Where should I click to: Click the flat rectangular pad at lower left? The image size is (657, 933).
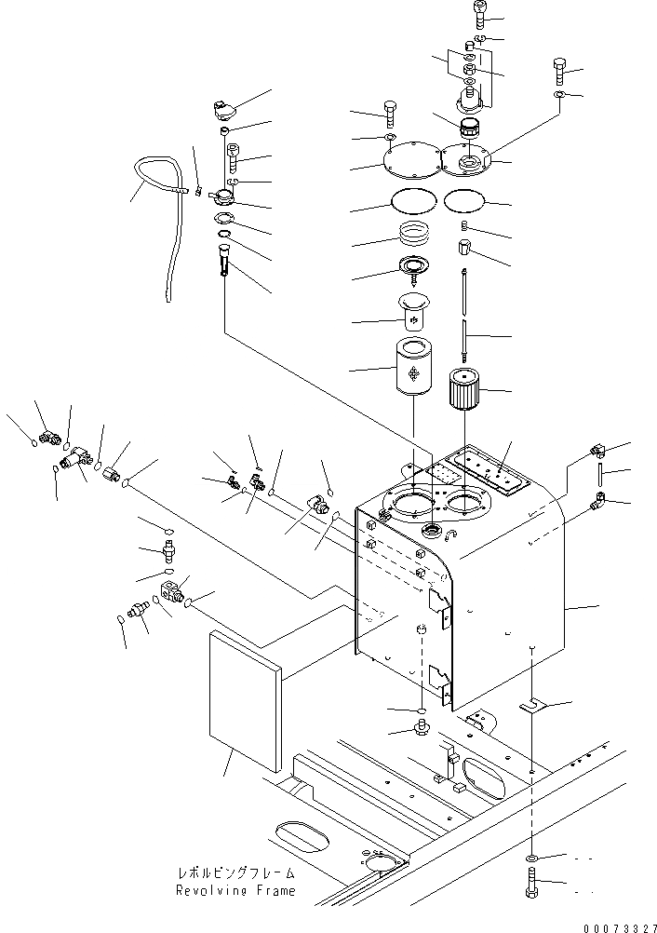246,697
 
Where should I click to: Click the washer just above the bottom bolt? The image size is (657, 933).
530,856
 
